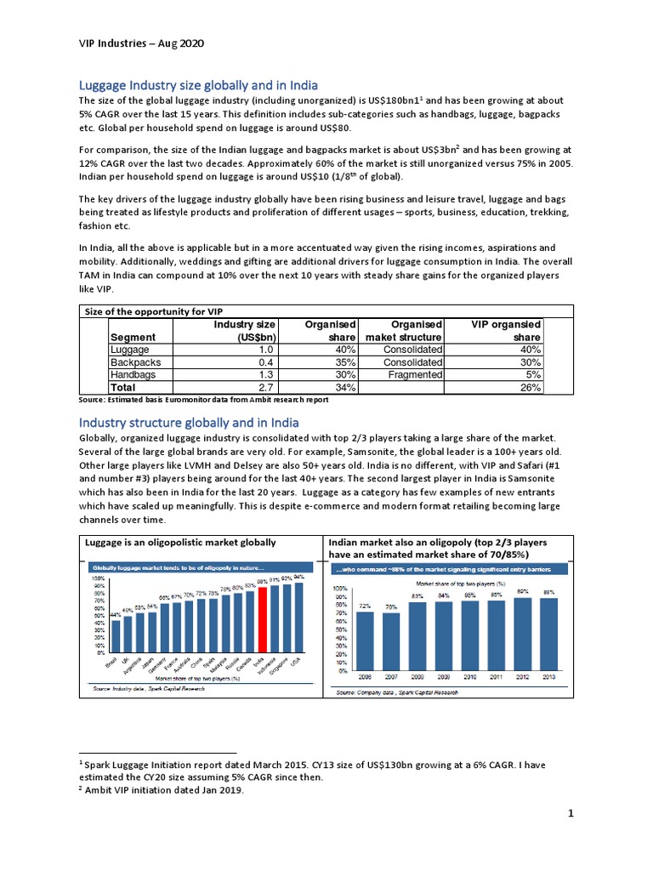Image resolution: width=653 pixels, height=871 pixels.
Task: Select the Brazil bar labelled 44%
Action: pyautogui.click(x=116, y=634)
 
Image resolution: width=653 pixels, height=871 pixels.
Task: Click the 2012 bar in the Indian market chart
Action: pyautogui.click(x=524, y=634)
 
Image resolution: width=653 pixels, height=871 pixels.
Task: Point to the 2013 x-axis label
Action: pyautogui.click(x=550, y=678)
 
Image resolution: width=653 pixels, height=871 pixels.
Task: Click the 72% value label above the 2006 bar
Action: pyautogui.click(x=365, y=606)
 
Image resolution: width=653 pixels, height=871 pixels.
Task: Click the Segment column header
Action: pyautogui.click(x=133, y=337)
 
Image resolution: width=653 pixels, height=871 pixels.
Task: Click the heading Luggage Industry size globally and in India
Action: pyautogui.click(x=198, y=85)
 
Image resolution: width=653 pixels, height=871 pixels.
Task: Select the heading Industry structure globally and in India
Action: pyautogui.click(x=188, y=423)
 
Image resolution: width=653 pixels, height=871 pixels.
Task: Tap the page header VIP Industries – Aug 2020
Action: pyautogui.click(x=140, y=43)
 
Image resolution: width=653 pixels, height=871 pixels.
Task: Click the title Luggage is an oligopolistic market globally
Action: pyautogui.click(x=179, y=542)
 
